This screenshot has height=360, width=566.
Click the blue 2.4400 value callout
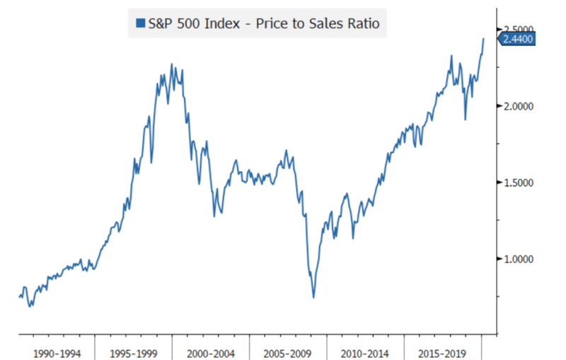pos(517,39)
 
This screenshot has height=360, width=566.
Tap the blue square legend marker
pos(141,24)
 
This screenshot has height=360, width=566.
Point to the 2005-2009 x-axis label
pos(288,352)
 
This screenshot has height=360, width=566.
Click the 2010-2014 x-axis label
pos(366,352)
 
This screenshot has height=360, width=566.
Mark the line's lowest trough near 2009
pos(313,297)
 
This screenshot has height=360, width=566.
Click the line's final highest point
pos(483,39)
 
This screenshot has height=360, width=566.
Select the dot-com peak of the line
pos(172,64)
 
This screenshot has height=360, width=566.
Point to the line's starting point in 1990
pos(19,297)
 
